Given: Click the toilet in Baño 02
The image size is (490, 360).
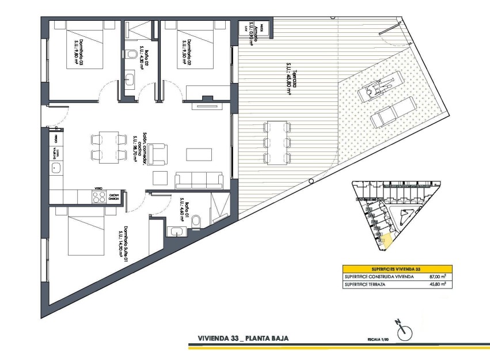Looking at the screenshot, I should click(x=132, y=55).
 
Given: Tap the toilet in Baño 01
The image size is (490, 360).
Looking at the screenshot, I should click(x=196, y=220).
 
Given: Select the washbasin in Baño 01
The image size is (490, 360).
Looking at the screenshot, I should click(x=176, y=232).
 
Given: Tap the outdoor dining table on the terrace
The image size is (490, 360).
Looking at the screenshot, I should click(x=277, y=142).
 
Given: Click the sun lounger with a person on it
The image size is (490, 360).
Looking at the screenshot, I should click(x=380, y=85).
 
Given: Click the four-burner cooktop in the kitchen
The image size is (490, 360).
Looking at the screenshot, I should click(x=98, y=196).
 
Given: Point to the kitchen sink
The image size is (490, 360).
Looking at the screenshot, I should click(x=56, y=168).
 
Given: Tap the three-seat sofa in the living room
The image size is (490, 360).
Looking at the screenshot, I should click(x=198, y=180).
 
